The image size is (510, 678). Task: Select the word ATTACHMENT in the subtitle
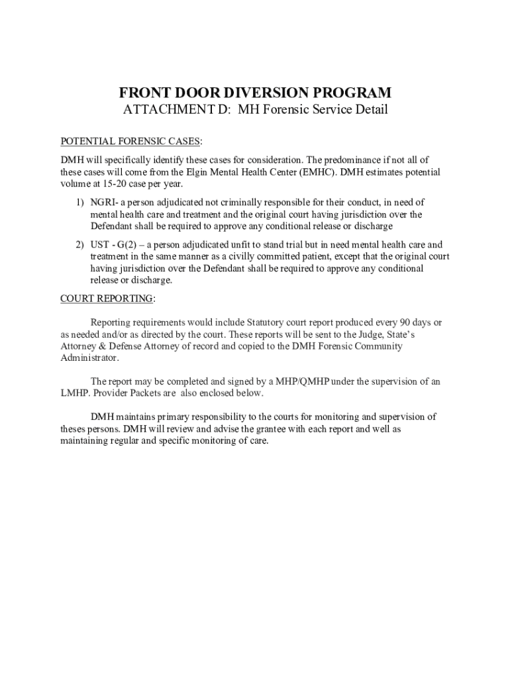pos(165,110)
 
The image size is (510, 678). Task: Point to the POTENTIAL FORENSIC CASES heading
pos(131,142)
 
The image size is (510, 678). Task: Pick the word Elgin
pos(199,172)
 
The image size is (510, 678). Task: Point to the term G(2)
pos(128,245)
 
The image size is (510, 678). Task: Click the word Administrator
pos(89,358)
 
